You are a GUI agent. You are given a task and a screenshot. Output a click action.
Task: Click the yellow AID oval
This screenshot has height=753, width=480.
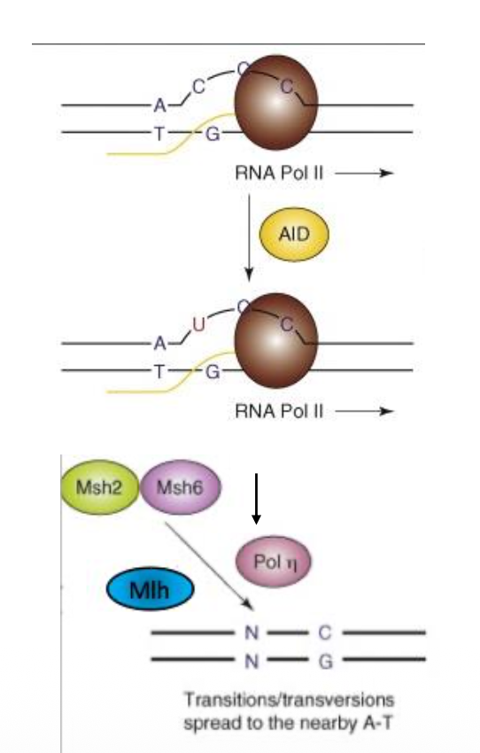click(x=294, y=235)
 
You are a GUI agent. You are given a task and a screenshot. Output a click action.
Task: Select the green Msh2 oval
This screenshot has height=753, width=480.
click(x=100, y=487)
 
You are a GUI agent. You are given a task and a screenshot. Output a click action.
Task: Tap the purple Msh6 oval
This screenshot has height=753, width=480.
click(x=181, y=487)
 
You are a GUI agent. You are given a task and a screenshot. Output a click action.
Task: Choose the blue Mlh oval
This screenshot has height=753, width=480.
click(x=151, y=589)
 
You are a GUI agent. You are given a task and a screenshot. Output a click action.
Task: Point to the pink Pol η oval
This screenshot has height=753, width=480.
click(x=274, y=562)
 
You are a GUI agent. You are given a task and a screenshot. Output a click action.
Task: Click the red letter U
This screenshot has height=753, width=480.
click(x=198, y=325)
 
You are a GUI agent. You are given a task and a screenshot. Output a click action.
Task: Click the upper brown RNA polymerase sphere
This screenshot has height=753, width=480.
click(x=276, y=102)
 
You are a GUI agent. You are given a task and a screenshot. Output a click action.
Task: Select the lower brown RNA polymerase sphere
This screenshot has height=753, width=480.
click(x=276, y=340)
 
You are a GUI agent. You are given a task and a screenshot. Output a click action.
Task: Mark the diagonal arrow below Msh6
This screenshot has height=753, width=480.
click(x=209, y=566)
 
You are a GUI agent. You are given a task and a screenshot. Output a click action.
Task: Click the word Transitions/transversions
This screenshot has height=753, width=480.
click(x=289, y=700)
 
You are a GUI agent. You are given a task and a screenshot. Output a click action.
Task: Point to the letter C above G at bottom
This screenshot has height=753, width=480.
click(x=325, y=633)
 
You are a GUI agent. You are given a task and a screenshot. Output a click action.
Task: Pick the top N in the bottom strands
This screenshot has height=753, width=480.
click(x=252, y=633)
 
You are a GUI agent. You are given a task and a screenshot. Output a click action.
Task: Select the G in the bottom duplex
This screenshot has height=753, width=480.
click(x=325, y=662)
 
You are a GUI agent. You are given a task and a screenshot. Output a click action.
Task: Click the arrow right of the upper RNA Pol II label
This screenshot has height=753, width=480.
click(x=364, y=174)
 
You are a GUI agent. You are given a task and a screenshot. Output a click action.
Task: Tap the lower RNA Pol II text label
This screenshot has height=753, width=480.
click(x=279, y=411)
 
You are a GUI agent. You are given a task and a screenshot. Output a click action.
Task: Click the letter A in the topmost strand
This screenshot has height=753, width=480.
click(x=159, y=105)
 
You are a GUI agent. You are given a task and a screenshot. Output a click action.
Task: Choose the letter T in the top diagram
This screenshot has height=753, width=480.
click(x=159, y=134)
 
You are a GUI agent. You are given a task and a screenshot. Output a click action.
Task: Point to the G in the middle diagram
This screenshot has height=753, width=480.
click(x=213, y=372)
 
